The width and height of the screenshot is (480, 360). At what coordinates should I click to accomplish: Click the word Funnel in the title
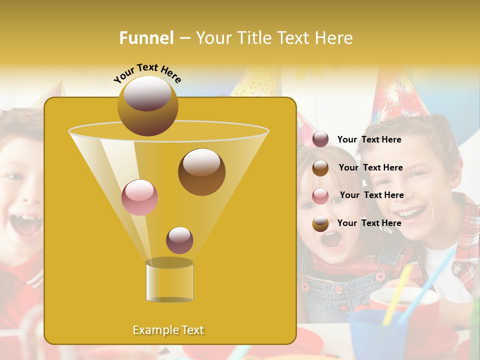146,38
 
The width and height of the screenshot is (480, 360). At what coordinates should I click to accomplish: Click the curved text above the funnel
147,73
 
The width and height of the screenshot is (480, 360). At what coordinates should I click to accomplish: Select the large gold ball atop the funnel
147,105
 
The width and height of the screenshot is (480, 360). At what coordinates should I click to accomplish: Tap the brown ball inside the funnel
201,171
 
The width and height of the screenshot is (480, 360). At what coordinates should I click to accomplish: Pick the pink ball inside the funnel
139,197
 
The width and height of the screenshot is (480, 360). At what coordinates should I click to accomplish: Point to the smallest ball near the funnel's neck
179,240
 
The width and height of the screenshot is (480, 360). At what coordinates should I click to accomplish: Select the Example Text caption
168,330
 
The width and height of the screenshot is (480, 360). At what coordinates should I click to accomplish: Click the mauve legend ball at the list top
320,139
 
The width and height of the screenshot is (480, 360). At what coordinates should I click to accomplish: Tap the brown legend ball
320,168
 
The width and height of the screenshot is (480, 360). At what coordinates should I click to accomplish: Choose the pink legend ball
320,196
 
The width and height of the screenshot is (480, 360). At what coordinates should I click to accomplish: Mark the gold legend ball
320,223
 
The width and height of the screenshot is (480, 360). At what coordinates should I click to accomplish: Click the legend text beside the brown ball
370,167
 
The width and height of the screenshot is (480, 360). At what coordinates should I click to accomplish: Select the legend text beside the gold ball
369,223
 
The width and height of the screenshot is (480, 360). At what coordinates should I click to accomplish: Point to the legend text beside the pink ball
371,195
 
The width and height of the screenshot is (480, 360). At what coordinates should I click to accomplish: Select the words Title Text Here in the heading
274,38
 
